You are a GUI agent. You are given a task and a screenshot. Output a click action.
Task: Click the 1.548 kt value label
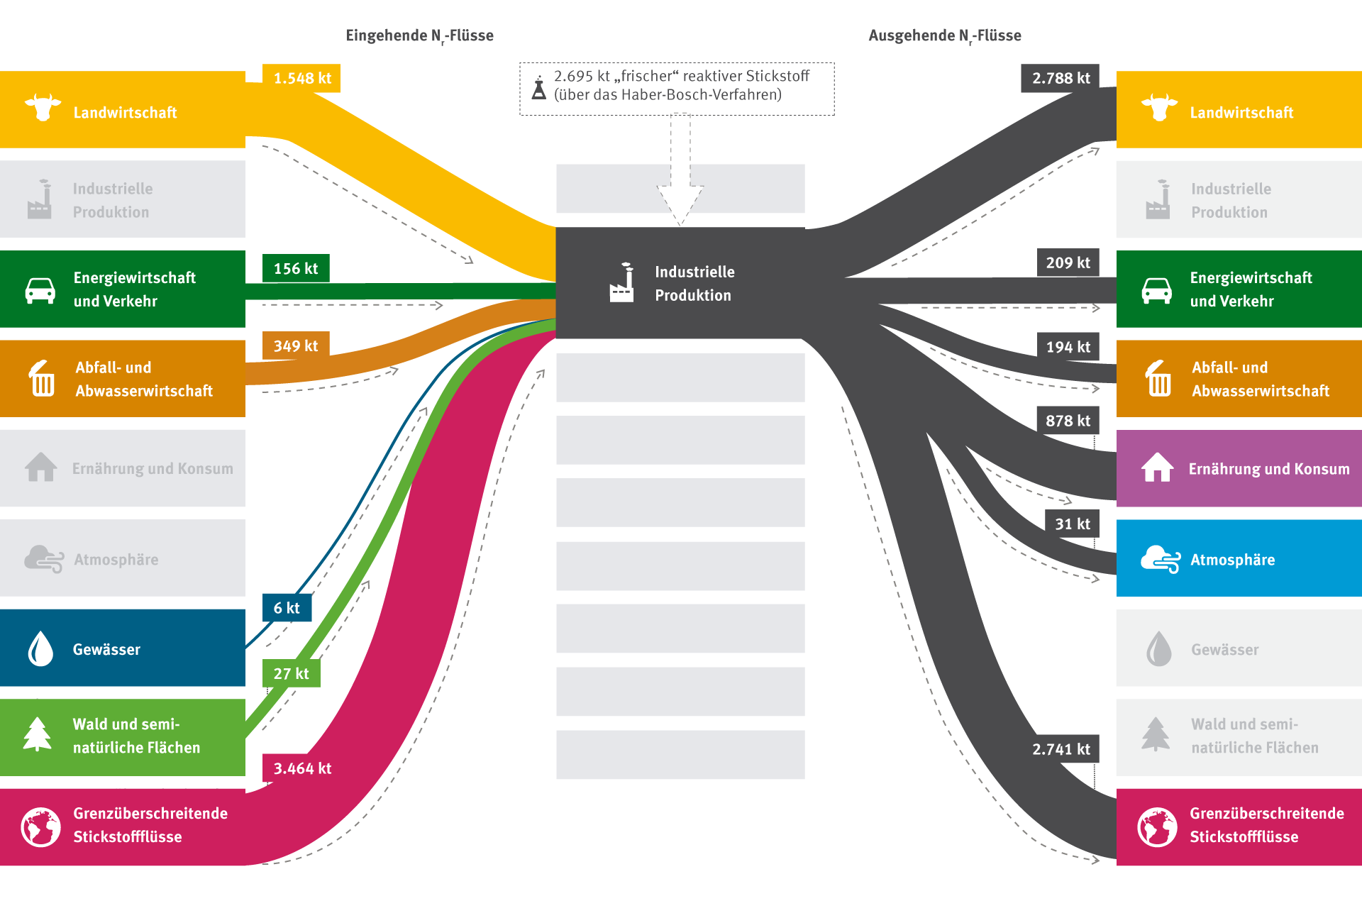[x=301, y=78]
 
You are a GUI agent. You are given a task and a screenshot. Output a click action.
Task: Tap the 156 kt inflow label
[x=296, y=268]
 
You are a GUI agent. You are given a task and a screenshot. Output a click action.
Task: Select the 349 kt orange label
[x=296, y=346]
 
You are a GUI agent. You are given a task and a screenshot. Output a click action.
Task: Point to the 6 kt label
[x=287, y=608]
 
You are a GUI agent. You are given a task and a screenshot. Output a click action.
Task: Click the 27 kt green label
[x=291, y=673]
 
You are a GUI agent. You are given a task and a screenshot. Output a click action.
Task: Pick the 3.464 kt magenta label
[x=302, y=768]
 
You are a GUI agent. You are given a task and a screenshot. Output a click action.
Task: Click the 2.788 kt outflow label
[x=1061, y=78]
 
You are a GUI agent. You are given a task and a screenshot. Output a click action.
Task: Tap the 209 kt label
[x=1068, y=262]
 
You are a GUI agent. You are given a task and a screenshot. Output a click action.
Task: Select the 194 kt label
[x=1068, y=347]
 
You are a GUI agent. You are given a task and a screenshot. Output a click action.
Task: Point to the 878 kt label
[x=1068, y=421]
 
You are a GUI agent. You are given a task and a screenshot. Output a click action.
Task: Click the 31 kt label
[x=1072, y=524]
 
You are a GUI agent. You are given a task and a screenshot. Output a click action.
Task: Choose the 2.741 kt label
[x=1061, y=749]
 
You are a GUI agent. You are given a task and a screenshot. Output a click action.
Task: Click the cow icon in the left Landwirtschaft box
[x=43, y=108]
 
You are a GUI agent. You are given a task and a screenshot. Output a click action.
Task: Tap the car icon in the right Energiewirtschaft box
[x=1156, y=290]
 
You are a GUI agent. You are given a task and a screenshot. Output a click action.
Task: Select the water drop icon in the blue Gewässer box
[x=40, y=648]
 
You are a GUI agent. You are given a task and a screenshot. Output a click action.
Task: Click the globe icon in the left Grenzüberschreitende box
[x=40, y=827]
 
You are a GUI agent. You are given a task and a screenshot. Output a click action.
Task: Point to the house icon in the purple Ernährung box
[x=1157, y=468]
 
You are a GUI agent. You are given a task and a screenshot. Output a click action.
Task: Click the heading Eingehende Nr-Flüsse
[x=419, y=35]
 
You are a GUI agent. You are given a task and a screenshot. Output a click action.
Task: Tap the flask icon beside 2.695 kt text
[x=539, y=88]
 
